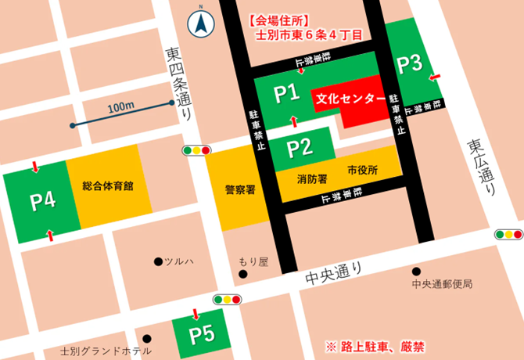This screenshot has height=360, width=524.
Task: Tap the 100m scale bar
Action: [121, 113]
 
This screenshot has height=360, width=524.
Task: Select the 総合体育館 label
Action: [107, 186]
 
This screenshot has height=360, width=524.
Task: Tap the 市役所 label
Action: [363, 170]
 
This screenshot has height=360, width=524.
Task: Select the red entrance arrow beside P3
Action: [434, 77]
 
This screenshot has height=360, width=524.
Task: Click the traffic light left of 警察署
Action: [196, 149]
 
